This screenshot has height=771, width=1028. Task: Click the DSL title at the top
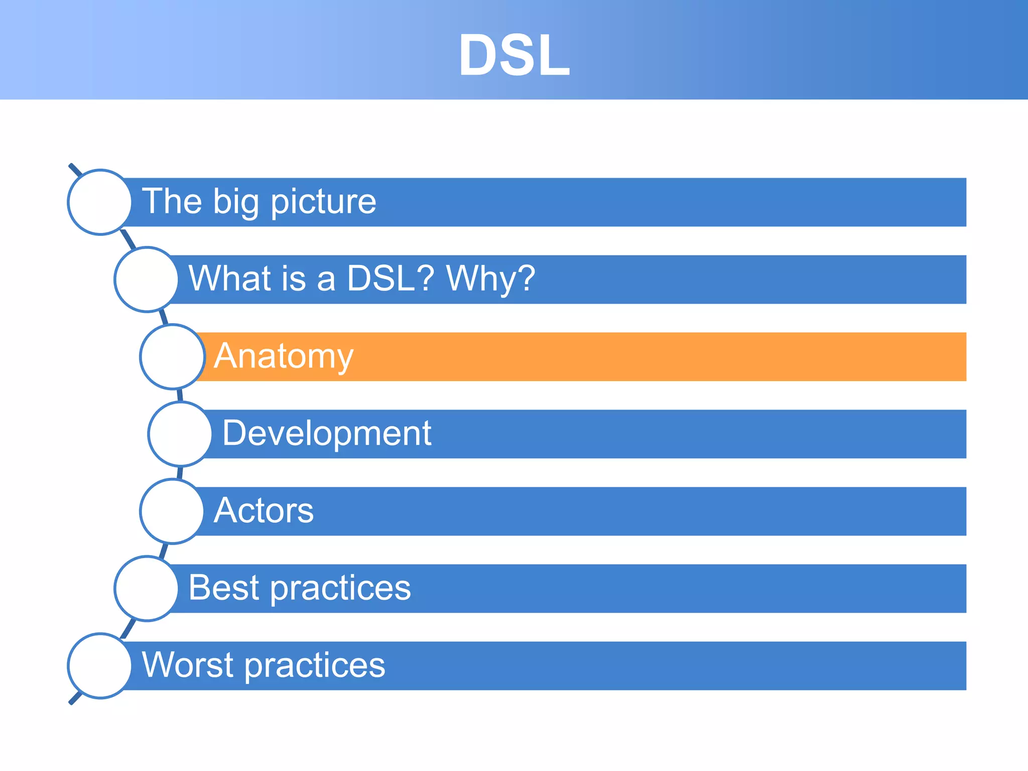514,55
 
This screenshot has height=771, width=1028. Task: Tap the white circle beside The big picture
100,202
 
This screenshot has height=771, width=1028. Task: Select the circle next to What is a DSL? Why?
146,279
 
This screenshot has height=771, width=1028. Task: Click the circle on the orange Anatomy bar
172,356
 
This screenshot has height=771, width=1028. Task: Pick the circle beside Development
180,434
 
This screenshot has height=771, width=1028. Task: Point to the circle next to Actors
172,511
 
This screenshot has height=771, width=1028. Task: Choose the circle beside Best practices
146,588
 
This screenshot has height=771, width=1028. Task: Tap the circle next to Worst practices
100,666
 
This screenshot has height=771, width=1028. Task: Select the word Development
327,433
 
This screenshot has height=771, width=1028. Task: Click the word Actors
264,510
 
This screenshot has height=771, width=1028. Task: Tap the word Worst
188,665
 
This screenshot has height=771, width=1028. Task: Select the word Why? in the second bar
491,279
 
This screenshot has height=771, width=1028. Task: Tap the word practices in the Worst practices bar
315,666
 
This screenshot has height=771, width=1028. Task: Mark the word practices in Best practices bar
341,588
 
